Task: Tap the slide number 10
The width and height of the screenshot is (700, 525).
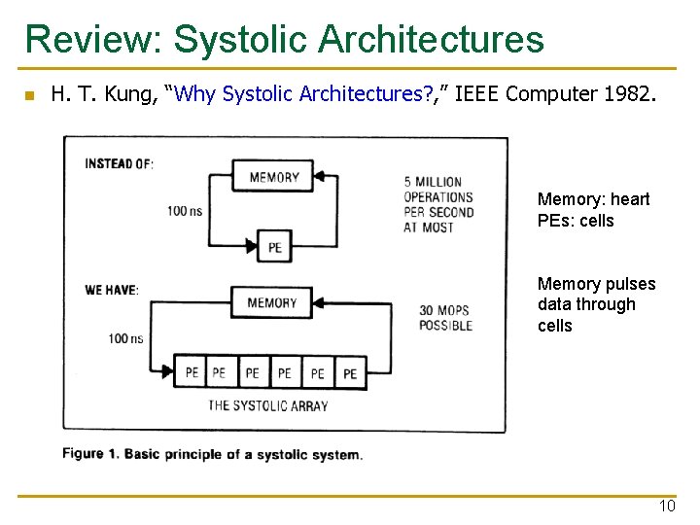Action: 667,507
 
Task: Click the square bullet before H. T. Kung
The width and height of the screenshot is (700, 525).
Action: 29,95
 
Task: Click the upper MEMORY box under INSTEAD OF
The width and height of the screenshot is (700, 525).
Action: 274,177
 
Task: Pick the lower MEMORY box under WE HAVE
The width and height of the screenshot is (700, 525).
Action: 271,302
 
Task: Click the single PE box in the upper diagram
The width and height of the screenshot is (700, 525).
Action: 275,248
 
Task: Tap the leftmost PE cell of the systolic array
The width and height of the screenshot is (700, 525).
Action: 191,372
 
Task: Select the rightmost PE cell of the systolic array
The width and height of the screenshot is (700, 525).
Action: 350,373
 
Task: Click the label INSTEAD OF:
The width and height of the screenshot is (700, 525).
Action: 119,163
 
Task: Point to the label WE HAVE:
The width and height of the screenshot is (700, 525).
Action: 111,290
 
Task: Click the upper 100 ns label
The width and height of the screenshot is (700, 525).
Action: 184,211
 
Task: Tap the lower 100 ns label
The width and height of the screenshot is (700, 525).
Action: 125,339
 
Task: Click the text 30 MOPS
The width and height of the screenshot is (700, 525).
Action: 443,311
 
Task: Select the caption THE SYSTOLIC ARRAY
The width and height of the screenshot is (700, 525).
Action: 268,406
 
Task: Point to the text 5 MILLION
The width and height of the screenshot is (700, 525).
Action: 433,182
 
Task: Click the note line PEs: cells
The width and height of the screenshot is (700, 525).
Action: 576,221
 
